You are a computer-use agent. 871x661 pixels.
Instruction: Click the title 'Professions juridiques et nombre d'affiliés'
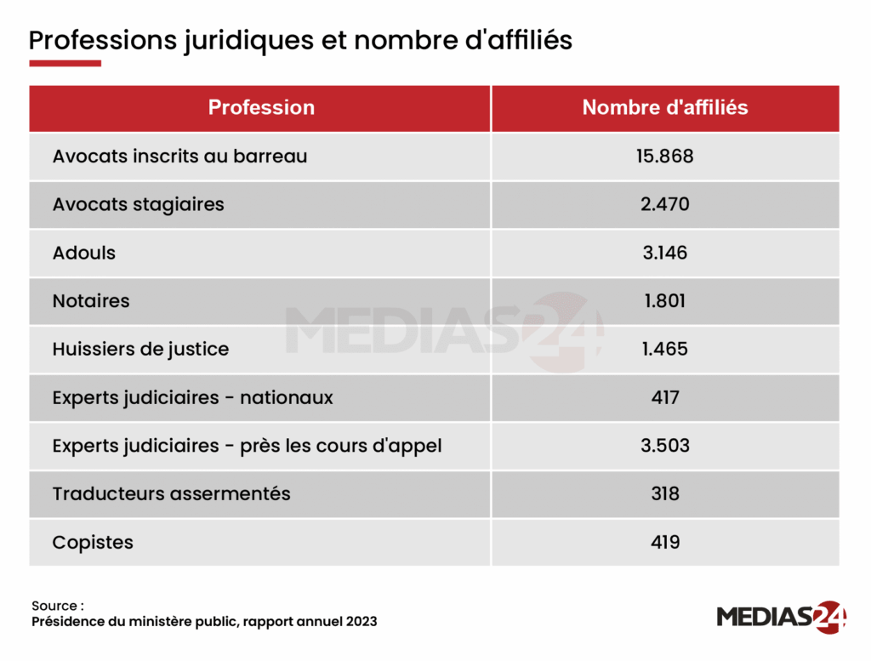tap(300, 40)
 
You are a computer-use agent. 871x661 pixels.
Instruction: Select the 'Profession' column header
tap(261, 108)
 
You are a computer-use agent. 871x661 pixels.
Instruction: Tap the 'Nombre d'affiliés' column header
tap(664, 108)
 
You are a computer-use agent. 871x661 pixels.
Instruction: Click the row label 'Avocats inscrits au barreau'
tap(179, 157)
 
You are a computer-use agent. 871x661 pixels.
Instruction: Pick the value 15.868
tap(664, 157)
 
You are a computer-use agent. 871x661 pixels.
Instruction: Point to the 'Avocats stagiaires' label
tap(138, 204)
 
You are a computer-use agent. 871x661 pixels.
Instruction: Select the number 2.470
tap(664, 204)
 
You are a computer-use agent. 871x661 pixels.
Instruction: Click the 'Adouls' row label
tap(83, 253)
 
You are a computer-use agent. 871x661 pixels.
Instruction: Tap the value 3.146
tap(664, 253)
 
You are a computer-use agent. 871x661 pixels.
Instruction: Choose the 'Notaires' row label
tap(91, 301)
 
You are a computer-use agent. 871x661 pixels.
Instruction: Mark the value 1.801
tap(664, 301)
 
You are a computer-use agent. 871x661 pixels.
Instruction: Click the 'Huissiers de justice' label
tap(140, 349)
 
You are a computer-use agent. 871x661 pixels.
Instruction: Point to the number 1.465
tap(664, 349)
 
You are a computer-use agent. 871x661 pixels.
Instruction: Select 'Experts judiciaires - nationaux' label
tap(192, 397)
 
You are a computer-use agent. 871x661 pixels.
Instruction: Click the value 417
tap(664, 397)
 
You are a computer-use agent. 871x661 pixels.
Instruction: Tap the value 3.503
tap(664, 446)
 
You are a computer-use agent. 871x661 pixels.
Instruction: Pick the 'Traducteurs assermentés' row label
tap(171, 493)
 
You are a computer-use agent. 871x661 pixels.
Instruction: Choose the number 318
tap(664, 493)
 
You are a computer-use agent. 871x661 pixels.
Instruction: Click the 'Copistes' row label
tap(93, 542)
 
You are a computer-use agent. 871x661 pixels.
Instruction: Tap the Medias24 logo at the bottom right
tap(781, 617)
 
